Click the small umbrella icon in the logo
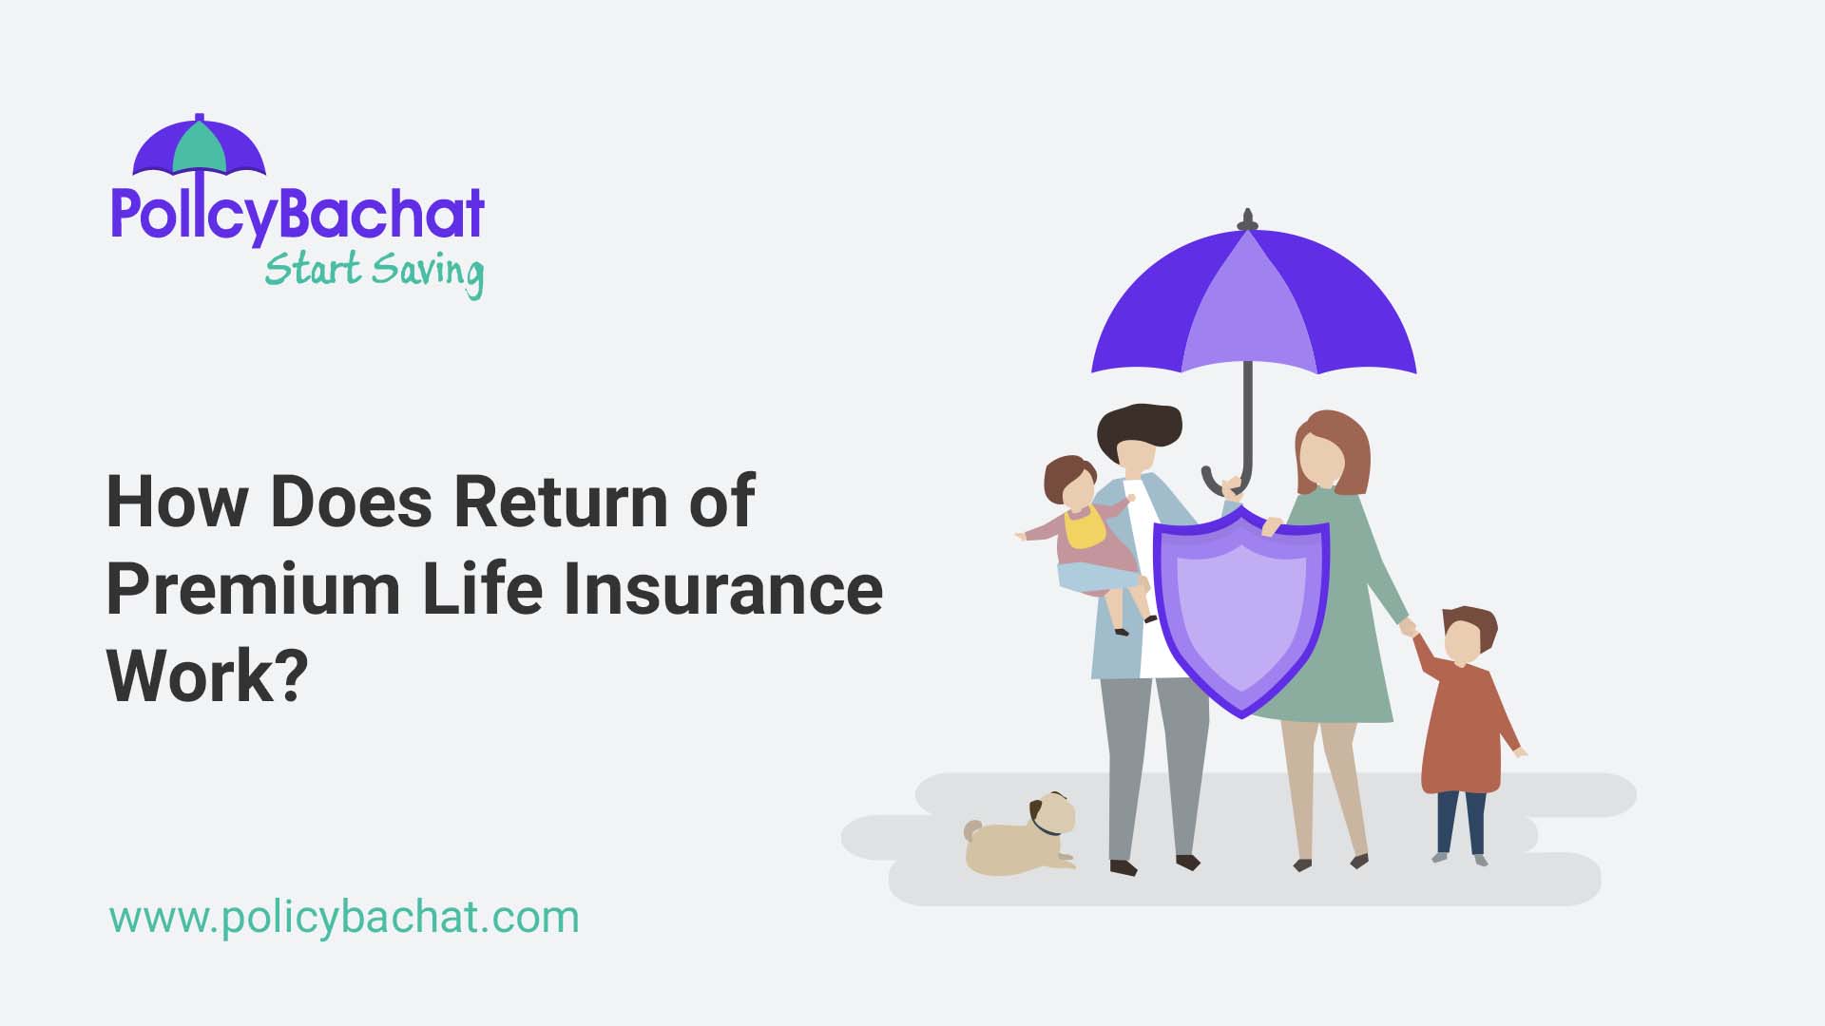pyautogui.click(x=199, y=147)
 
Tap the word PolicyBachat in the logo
pyautogui.click(x=298, y=215)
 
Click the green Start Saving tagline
pyautogui.click(x=374, y=271)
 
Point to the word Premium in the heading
pyautogui.click(x=253, y=589)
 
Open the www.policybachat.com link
pyautogui.click(x=344, y=918)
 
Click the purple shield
pyautogui.click(x=1240, y=608)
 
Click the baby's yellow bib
pyautogui.click(x=1085, y=528)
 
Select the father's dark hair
pyautogui.click(x=1139, y=427)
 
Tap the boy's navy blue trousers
pyautogui.click(x=1461, y=822)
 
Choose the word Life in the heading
pyautogui.click(x=483, y=589)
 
